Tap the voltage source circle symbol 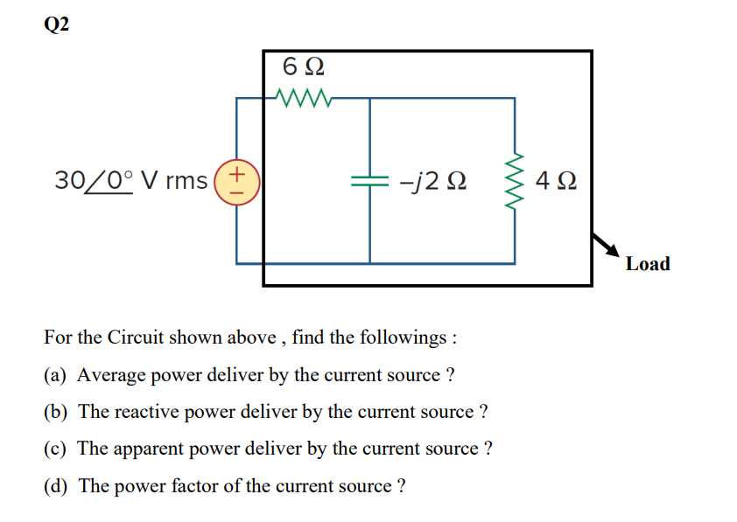click(241, 181)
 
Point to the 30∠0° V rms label click(130, 181)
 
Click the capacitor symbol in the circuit click(369, 181)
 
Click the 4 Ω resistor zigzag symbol click(514, 181)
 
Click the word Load click(648, 264)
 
